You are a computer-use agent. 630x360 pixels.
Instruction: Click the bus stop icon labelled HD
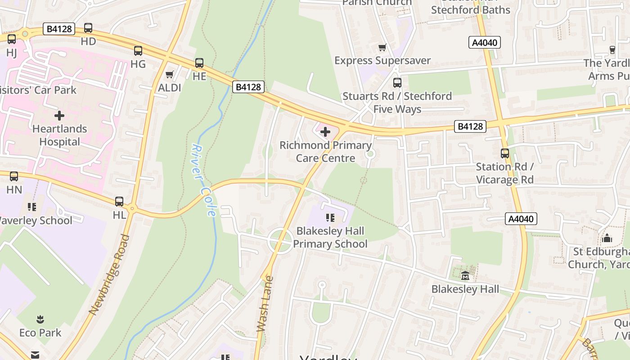point(88,28)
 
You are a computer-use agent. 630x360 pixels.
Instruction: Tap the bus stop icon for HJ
point(12,39)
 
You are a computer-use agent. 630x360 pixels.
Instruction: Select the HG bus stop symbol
point(138,51)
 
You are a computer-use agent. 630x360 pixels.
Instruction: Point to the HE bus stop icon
point(199,63)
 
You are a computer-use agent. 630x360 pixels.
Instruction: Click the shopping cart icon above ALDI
point(170,74)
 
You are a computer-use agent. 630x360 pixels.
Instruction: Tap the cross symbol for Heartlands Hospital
point(59,116)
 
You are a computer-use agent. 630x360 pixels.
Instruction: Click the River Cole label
point(204,180)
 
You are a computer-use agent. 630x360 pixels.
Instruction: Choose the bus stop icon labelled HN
point(14,176)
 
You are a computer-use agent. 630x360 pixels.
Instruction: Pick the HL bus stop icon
point(119,202)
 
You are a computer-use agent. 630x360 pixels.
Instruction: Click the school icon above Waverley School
point(32,207)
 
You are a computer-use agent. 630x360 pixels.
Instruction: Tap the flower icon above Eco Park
point(40,319)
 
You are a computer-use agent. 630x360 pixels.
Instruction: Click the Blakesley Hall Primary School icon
point(330,218)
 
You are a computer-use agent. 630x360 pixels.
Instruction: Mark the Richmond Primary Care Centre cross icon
point(325,132)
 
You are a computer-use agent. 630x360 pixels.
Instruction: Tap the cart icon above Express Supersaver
point(382,47)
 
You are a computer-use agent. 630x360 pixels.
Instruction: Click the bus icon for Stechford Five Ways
point(397,83)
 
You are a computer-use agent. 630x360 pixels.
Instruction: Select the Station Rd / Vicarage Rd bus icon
point(505,153)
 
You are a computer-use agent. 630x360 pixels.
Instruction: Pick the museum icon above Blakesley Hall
point(465,275)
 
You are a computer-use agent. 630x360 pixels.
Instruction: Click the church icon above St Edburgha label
point(607,238)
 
